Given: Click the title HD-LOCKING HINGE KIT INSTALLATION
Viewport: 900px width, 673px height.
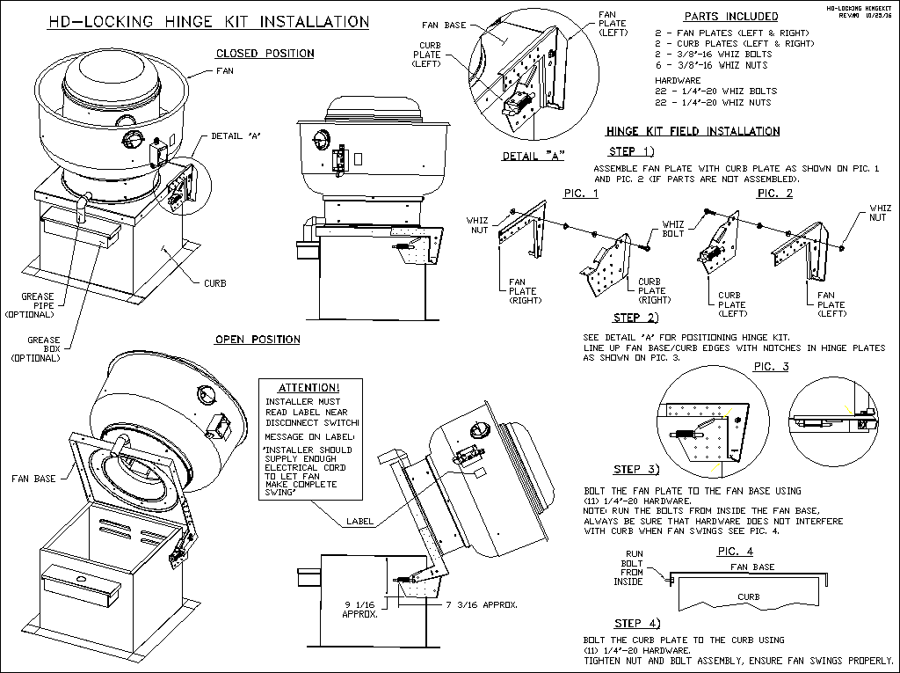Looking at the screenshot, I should (207, 21).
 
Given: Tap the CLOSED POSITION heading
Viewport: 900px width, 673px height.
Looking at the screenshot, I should (265, 54).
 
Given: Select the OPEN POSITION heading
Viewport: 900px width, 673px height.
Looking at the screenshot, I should (258, 340).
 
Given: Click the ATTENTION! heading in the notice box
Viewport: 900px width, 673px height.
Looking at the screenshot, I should (308, 387).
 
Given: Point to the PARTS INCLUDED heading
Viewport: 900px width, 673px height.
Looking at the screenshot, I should (730, 17).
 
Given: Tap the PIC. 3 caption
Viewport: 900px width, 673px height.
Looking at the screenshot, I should (771, 367).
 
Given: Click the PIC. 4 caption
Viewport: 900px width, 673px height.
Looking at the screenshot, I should (736, 552).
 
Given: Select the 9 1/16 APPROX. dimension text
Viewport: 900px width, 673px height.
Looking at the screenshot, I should (359, 609).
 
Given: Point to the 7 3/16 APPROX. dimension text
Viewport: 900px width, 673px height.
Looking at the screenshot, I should (481, 604).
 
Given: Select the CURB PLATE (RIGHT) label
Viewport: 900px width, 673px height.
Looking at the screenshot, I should (652, 290).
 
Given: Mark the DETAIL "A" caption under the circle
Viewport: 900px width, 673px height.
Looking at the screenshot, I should (533, 157).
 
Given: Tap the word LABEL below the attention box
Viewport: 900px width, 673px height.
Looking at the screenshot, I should (359, 521).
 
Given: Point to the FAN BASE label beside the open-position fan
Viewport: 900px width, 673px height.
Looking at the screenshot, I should (34, 479).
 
